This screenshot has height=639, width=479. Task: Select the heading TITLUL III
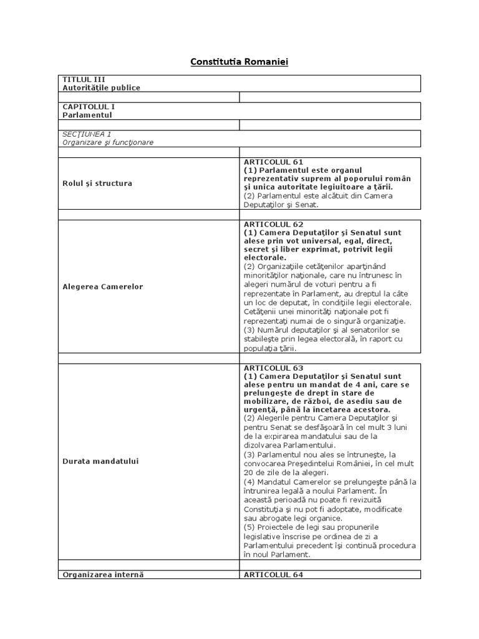click(83, 79)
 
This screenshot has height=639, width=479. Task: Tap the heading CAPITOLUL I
click(88, 107)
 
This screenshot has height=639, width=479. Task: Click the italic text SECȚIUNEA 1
click(87, 134)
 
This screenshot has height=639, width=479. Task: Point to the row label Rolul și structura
click(97, 183)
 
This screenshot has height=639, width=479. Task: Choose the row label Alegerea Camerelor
click(102, 287)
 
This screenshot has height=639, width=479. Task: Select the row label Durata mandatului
click(100, 461)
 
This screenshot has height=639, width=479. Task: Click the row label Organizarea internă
click(103, 575)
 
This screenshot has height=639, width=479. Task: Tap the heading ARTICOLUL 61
click(273, 162)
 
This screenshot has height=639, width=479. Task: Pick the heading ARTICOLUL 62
click(273, 224)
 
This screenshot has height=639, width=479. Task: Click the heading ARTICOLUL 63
click(273, 368)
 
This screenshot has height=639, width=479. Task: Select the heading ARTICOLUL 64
click(273, 575)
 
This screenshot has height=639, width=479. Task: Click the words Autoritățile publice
click(101, 88)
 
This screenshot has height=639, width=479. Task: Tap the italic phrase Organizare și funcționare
click(108, 143)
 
